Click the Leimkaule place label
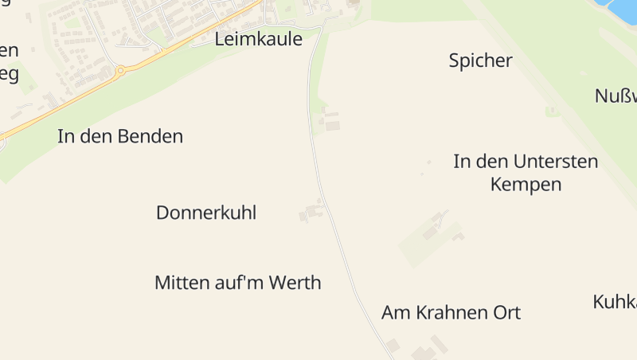259,38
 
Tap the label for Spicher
480,61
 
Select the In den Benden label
120,136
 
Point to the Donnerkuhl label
206,213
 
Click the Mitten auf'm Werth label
237,282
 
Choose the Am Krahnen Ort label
451,312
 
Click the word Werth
295,282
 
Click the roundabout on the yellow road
120,71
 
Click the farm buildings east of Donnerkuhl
312,212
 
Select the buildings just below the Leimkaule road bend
330,122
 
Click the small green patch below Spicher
549,112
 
